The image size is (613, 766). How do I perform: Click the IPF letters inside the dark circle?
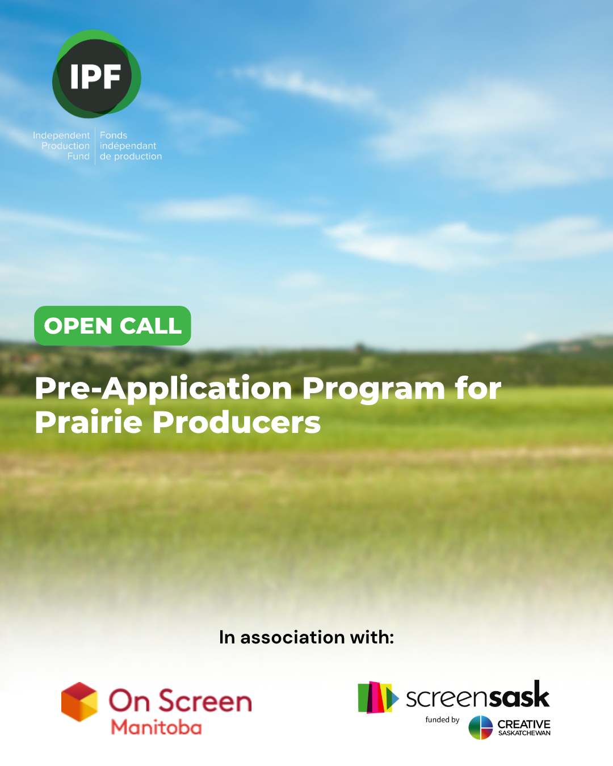point(95,76)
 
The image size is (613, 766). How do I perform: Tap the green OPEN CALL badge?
point(112,325)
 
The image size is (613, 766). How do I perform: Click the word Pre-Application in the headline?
point(163,389)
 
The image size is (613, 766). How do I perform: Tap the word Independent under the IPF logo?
point(61,135)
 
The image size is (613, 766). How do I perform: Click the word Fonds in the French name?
point(114,135)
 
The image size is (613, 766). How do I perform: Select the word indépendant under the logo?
point(128,146)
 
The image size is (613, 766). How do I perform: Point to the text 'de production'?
point(131,156)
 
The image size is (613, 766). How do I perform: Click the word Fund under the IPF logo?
point(78,156)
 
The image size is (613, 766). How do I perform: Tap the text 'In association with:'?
point(306,637)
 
